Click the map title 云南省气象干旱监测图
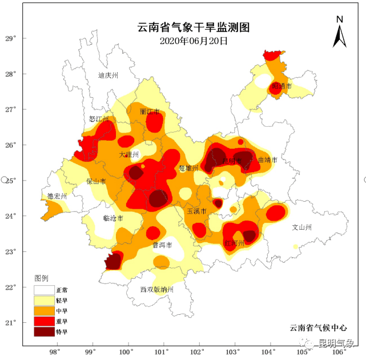[x=194, y=27]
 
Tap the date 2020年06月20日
[x=194, y=41]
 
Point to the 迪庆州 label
[x=108, y=75]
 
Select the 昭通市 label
[x=281, y=86]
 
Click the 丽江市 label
[x=150, y=112]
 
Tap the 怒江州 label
[x=99, y=119]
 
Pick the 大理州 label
[x=129, y=155]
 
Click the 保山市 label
[x=96, y=182]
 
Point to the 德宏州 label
[x=57, y=196]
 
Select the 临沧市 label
[x=113, y=218]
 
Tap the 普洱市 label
[x=162, y=245]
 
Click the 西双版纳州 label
[x=157, y=290]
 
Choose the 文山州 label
[x=302, y=227]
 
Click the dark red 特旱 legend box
[x=43, y=331]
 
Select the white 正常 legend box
[x=43, y=290]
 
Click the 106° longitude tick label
[x=338, y=352]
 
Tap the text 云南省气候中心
[x=319, y=327]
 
